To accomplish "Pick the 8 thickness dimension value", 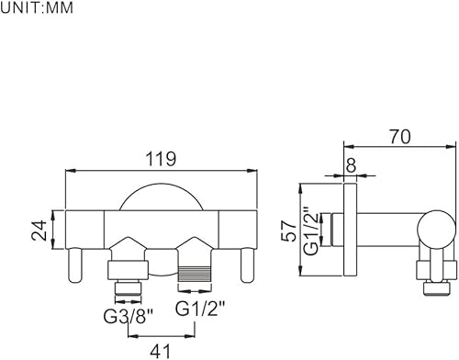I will coord(351,164).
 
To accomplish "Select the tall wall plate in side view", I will coord(350,231).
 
